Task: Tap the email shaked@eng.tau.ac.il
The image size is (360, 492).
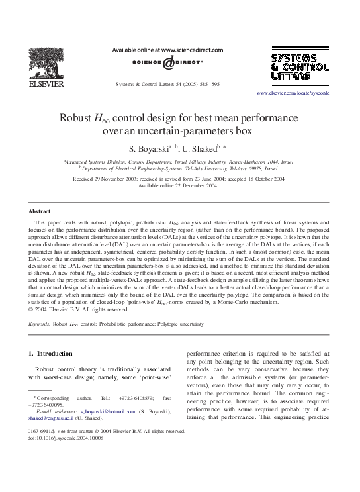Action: pos(54,418)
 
